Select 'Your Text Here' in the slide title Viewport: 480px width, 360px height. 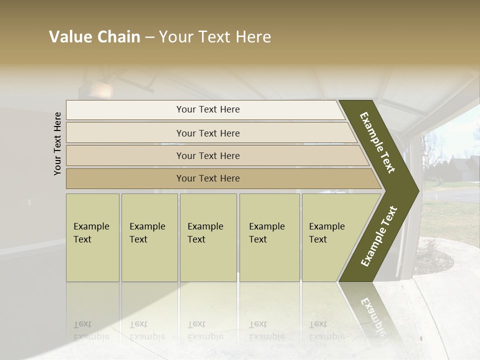(215, 37)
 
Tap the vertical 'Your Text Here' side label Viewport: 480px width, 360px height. (57, 143)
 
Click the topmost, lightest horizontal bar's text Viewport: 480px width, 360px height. (208, 109)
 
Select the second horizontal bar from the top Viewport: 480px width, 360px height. (208, 133)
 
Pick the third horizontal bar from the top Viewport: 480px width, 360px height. (208, 155)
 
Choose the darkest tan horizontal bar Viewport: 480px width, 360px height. (208, 178)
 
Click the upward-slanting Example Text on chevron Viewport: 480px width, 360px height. (379, 236)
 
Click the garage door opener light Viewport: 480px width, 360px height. (101, 90)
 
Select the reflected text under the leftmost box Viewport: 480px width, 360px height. (91, 330)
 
